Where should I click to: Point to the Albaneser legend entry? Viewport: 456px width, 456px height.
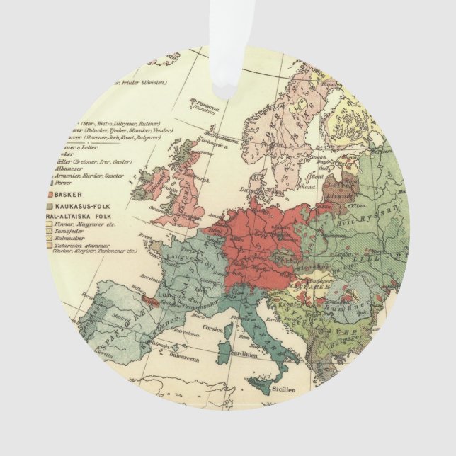coord(86,169)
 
